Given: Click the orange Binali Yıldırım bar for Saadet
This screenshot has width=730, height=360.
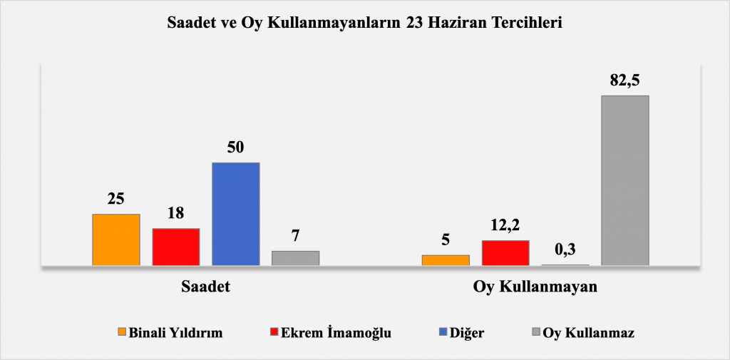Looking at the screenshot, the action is click(116, 240).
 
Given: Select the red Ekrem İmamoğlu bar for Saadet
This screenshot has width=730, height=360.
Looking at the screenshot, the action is click(176, 247).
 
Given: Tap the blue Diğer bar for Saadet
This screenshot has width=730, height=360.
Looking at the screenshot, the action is click(235, 214).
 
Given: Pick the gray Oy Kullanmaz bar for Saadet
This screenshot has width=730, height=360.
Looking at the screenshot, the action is click(296, 258).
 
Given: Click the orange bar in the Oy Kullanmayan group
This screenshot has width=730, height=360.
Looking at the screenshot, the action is click(446, 260).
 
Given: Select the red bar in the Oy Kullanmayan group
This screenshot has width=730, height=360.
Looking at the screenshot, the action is click(505, 253).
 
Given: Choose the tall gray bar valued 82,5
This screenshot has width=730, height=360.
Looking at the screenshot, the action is click(625, 180).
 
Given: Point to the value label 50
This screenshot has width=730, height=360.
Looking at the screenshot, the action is click(236, 147).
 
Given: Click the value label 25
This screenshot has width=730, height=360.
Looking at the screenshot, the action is click(116, 199).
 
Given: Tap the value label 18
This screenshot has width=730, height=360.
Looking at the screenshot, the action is click(176, 213).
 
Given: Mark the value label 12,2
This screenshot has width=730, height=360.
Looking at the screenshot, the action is click(505, 225).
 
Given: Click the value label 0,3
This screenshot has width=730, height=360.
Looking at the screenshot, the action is click(565, 250).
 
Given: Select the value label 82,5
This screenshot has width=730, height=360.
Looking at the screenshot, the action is click(624, 80).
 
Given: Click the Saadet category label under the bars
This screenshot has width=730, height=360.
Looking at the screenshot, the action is click(206, 287).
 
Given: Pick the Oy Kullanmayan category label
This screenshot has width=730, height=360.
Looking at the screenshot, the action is click(535, 287).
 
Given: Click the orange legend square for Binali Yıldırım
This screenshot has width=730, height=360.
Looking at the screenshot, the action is click(122, 332).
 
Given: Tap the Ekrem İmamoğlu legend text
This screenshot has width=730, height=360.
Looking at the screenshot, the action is click(336, 333).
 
